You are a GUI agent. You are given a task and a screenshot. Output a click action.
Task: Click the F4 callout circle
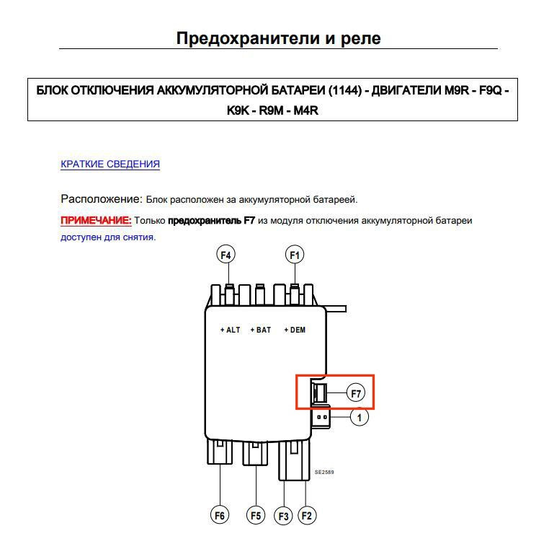point(226,255)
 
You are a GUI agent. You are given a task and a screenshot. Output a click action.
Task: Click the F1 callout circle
point(294,255)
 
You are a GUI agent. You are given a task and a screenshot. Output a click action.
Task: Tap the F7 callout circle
point(355,393)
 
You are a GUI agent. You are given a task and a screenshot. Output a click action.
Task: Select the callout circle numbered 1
point(359,416)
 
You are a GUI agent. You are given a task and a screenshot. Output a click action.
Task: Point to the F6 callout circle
point(220,515)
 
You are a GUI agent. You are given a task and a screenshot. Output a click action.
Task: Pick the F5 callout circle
point(256,515)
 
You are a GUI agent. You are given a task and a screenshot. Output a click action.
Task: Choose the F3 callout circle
point(284,516)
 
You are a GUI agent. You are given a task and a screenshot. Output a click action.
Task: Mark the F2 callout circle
point(307,515)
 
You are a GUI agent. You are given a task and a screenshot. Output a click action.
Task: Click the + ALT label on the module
point(230,330)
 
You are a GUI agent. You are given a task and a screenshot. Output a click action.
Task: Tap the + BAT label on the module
point(261,330)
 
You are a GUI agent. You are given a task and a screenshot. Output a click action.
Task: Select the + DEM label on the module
point(295,330)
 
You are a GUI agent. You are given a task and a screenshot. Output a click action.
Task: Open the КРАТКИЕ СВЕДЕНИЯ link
point(110,164)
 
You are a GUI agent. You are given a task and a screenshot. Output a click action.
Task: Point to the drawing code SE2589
point(324,473)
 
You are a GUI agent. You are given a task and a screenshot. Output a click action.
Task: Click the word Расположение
point(101,198)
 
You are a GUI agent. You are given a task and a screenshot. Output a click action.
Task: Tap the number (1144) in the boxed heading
point(344,91)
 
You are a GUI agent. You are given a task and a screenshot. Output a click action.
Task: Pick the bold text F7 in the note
point(249,220)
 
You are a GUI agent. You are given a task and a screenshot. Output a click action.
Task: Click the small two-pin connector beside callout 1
point(321,417)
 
